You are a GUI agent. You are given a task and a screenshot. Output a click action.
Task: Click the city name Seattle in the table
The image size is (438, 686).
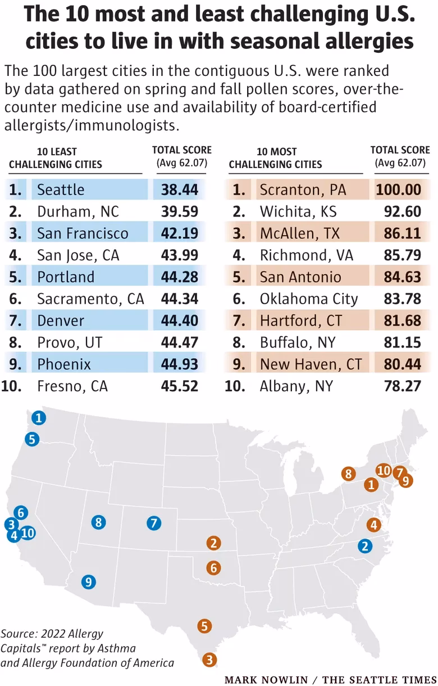[61, 190]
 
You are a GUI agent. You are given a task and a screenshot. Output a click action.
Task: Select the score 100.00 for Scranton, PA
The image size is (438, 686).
[399, 190]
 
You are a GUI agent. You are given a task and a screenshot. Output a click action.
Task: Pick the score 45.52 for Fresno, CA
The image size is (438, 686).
[179, 386]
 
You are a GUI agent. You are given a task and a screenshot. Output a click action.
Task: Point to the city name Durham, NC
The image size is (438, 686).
[78, 211]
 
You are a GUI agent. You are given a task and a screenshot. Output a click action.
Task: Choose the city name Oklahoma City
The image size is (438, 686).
[308, 299]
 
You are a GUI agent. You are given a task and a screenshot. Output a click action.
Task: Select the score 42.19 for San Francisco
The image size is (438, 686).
[179, 233]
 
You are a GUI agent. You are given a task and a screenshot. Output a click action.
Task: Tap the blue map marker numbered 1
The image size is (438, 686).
[38, 418]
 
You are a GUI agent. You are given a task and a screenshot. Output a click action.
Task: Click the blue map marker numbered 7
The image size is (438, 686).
[153, 523]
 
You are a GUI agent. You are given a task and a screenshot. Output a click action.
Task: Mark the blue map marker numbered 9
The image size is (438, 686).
[88, 582]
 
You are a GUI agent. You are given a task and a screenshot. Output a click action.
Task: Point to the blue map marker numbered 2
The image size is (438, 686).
[365, 545]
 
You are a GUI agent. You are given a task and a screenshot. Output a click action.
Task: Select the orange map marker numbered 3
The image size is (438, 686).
[209, 660]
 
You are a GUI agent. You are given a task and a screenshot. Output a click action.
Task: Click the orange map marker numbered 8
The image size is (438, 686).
[349, 474]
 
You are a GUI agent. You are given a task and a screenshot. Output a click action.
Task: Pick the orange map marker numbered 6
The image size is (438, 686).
[213, 568]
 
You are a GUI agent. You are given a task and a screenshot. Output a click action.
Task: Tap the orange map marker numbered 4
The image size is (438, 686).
[373, 525]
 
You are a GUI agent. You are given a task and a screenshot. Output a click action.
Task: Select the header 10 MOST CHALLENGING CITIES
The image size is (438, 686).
[276, 158]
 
